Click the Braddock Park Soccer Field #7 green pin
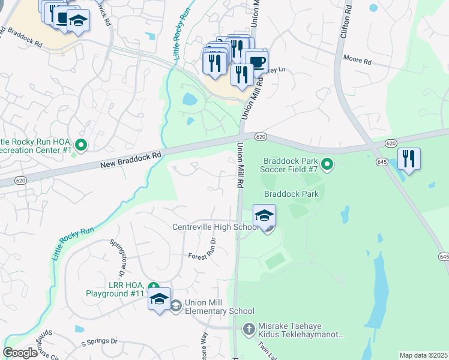point(327,163)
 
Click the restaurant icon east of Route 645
point(409,159)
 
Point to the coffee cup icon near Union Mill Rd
point(256,62)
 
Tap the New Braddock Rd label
point(131,159)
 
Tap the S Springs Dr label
point(99,342)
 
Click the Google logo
point(20,353)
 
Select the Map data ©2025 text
point(423,355)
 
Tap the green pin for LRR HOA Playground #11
point(154,287)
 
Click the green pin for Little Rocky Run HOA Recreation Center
point(80,145)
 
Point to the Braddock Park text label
point(292,194)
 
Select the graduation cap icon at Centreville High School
point(264,216)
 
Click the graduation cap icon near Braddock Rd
point(77,22)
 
